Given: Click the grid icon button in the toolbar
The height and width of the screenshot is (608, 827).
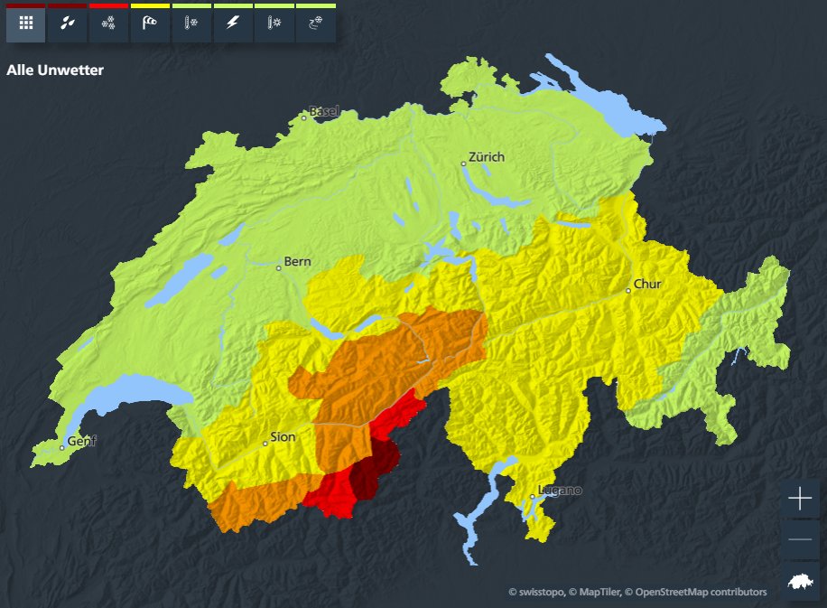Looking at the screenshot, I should [x=26, y=23].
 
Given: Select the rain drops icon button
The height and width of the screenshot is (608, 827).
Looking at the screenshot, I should [x=68, y=23].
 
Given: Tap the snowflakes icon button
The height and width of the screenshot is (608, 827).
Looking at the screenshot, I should [x=108, y=23].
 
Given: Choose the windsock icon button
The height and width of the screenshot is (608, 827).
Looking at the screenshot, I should [x=150, y=23].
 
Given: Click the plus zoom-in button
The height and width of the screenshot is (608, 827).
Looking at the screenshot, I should [x=800, y=499].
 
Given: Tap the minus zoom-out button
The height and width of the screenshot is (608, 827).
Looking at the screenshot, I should [x=800, y=539].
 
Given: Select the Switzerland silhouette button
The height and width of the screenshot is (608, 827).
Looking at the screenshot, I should [x=800, y=581].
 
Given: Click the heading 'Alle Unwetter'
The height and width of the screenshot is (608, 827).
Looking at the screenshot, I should [x=55, y=70].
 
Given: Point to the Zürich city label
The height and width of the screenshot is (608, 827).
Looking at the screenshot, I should [x=486, y=157].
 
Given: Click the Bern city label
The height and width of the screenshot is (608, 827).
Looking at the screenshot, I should [x=297, y=262].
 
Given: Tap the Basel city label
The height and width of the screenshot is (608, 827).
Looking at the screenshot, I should [x=323, y=111].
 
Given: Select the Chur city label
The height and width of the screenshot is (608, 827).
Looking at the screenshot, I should [x=647, y=284].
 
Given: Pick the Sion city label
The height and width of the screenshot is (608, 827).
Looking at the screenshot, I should [x=283, y=437].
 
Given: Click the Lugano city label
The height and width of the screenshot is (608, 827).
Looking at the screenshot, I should [x=560, y=491].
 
